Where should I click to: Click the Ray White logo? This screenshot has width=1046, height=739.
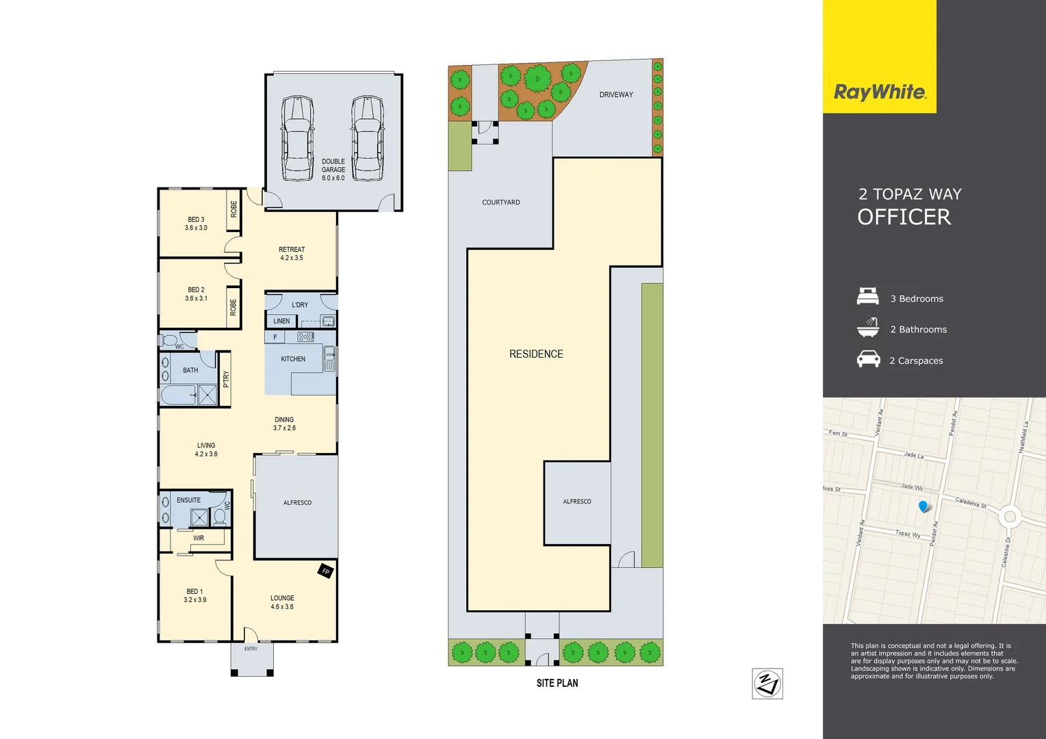point(880,92)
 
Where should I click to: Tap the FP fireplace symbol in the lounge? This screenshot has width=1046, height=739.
point(326,571)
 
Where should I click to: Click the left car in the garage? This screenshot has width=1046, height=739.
point(298,138)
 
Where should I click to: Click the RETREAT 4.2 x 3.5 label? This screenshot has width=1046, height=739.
point(292,254)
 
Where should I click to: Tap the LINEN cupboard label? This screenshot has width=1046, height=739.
point(281,321)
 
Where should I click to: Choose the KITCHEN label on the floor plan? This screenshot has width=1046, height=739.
point(293,359)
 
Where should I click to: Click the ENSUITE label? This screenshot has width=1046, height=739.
point(189,500)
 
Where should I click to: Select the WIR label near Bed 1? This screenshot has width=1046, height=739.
point(199,538)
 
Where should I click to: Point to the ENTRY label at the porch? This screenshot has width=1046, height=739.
point(251,649)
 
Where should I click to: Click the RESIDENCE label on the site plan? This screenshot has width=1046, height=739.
point(536,354)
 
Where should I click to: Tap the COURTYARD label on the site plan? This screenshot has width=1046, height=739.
point(501,203)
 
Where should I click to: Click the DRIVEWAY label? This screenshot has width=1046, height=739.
point(616,94)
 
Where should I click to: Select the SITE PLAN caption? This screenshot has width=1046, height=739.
point(557,683)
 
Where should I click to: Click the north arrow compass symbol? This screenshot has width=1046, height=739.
point(767,684)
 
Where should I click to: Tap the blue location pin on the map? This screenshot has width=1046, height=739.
point(923,506)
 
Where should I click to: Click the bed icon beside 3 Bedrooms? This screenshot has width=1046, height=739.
point(868,297)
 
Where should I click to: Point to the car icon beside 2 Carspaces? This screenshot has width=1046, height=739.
point(868,359)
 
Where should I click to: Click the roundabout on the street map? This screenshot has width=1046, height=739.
point(1009,516)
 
